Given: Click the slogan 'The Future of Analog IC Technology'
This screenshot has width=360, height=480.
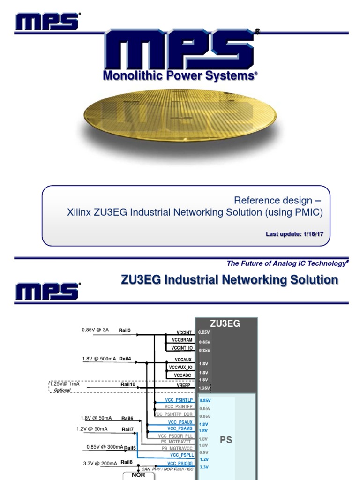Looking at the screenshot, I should [x=287, y=263].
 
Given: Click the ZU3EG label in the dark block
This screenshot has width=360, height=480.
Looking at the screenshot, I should [x=225, y=324].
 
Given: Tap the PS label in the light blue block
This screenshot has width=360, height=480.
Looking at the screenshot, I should [x=226, y=440].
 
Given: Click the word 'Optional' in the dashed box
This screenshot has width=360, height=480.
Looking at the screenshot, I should [x=62, y=390].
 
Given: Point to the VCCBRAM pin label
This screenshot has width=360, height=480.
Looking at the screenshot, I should [x=182, y=339].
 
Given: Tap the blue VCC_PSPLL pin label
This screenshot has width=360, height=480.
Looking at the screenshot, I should [x=181, y=455].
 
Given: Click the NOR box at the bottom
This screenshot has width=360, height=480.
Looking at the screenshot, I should [x=138, y=475].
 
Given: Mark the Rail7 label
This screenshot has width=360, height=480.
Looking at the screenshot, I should [x=127, y=429].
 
